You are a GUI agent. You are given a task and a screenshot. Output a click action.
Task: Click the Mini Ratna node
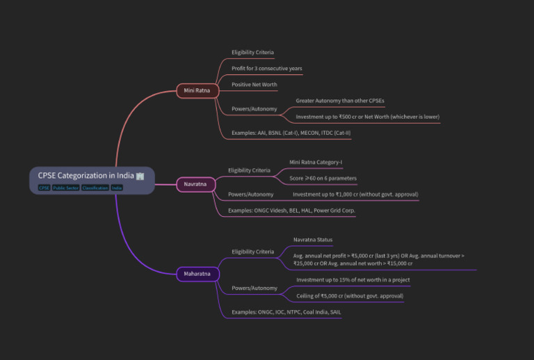point(197,90)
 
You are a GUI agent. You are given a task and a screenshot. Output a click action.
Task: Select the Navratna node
point(196,184)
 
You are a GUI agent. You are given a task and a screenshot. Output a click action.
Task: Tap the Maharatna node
point(197,274)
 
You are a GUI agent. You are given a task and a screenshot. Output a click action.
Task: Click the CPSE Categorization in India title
point(86,176)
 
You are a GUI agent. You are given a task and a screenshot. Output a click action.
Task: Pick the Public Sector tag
point(66,188)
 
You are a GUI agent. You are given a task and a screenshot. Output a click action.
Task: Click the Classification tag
point(95,188)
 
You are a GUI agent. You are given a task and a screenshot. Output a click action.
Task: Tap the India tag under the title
point(117,188)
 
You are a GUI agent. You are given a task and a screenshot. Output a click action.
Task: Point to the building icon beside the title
point(140,176)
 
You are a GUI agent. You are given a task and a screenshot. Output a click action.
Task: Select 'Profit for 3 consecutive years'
point(267,68)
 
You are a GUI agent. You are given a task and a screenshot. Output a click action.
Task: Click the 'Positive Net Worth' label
point(254,84)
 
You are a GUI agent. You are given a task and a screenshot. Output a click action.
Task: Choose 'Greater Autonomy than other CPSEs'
point(340,101)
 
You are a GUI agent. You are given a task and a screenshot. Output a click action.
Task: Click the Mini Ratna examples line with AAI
point(291,133)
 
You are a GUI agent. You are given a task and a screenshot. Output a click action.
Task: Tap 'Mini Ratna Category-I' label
point(316,163)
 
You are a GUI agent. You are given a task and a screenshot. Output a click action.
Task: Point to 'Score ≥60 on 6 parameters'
point(323,179)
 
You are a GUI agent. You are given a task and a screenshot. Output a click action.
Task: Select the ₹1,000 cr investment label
point(355,195)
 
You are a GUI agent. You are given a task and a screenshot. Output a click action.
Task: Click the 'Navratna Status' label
point(313,240)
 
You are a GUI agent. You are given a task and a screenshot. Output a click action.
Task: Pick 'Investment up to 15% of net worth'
point(353,279)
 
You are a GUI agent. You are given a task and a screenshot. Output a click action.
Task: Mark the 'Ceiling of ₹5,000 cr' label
point(350,295)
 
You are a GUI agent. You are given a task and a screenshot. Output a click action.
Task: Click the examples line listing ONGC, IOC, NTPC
point(286,312)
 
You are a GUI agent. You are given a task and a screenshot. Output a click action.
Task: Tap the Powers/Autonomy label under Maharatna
point(254,288)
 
